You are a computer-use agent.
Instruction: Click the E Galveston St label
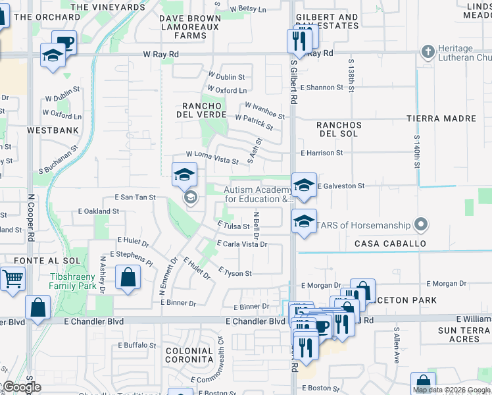(341, 186)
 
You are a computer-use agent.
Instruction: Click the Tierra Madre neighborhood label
(441, 118)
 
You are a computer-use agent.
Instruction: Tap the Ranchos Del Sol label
(339, 129)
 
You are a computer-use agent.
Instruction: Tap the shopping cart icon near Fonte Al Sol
(12, 278)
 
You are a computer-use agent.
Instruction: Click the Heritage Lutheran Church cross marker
(428, 51)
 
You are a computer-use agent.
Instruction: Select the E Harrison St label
(322, 153)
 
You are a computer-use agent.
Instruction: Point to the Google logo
(22, 387)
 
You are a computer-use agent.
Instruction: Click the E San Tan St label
(135, 197)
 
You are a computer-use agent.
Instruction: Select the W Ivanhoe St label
(264, 111)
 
